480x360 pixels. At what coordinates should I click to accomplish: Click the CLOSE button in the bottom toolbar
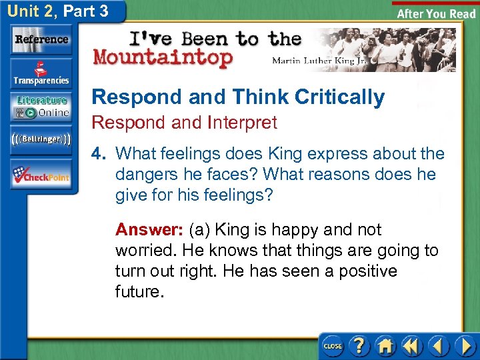coord(332,346)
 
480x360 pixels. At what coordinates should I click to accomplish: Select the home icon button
coord(385,346)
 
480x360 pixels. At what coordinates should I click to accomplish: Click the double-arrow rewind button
coord(411,346)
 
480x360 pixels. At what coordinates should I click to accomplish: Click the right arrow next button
coord(465,346)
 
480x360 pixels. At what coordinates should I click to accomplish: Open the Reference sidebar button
coord(41,39)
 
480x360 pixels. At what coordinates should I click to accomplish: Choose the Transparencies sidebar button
coord(41,74)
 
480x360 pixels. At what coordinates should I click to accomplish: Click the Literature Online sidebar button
coord(41,107)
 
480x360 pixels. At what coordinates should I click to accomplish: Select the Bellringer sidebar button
coord(41,139)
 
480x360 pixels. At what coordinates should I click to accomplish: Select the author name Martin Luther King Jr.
coord(319,60)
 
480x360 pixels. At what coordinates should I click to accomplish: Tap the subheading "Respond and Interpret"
coord(184,123)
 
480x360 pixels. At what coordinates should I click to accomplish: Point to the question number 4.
coord(99,153)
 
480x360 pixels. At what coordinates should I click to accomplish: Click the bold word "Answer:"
coord(150,230)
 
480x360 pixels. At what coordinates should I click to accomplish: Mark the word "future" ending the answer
coord(137,292)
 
